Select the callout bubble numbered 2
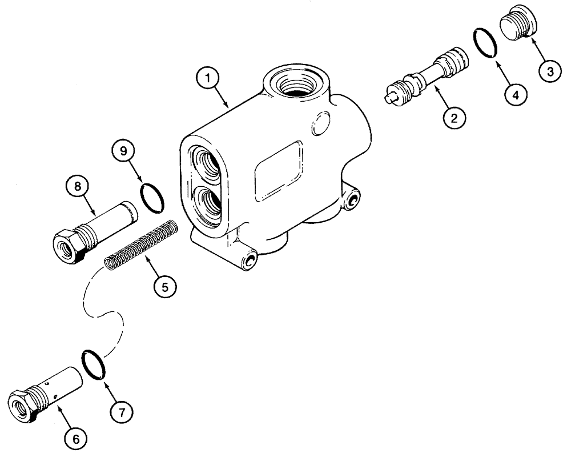[x=453, y=118]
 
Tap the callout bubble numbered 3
[x=550, y=71]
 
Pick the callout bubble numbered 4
[x=516, y=94]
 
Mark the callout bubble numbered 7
[x=123, y=410]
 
